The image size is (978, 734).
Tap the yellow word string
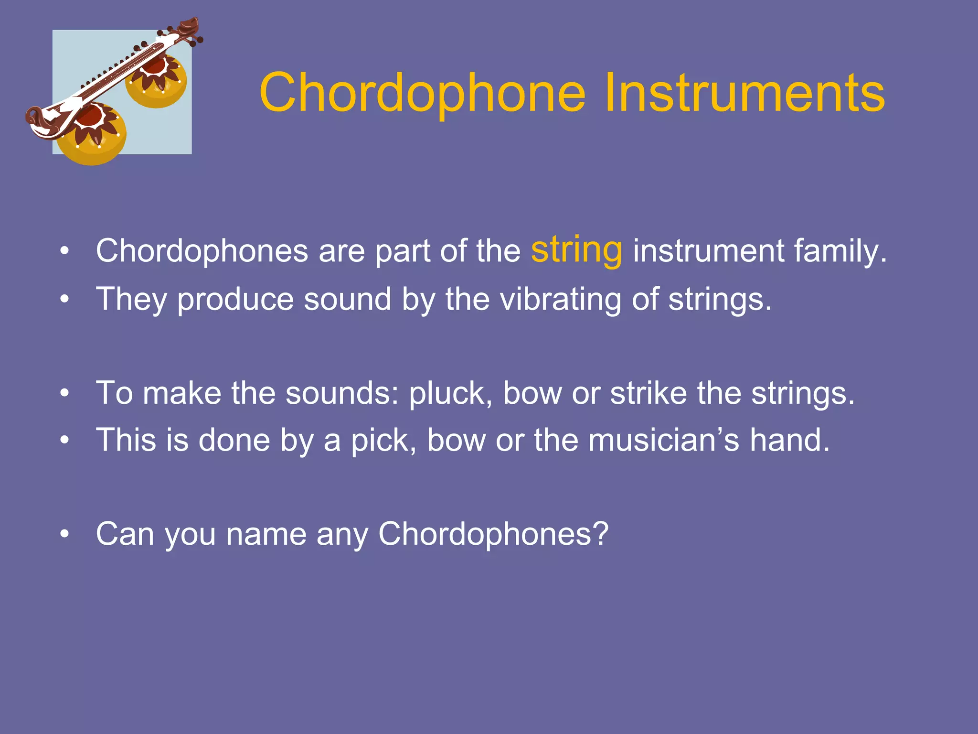coord(576,250)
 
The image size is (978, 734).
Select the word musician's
coord(663,440)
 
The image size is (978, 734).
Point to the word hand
coord(789,440)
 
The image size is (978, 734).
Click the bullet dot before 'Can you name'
coord(65,534)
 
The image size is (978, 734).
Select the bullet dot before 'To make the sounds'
coord(65,393)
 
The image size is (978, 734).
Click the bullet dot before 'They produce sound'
coord(65,300)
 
